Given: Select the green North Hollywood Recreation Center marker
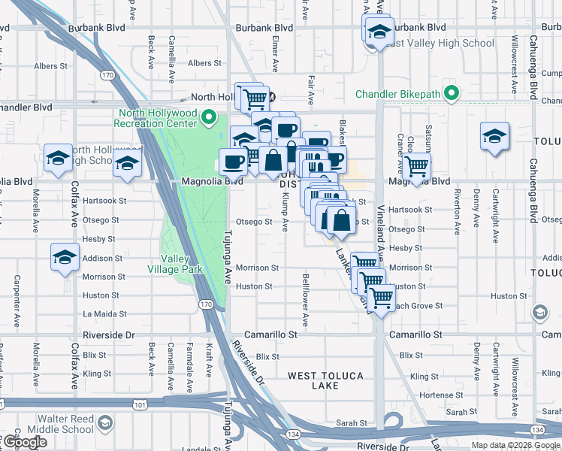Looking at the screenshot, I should pos(211,118).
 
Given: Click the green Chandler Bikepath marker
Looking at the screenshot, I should pos(451,95).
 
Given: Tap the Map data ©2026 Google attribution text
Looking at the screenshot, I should pos(515,445).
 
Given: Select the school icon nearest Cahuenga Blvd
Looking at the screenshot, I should pos(494,137).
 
